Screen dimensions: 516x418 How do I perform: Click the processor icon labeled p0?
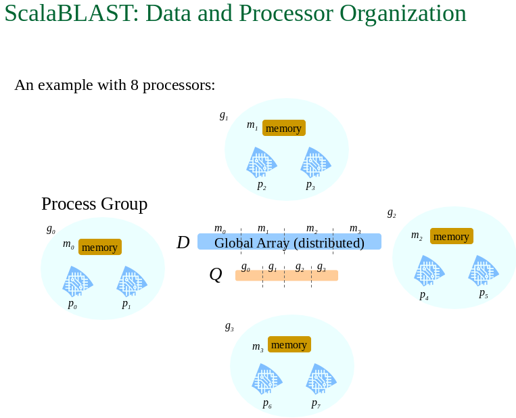pyautogui.click(x=78, y=281)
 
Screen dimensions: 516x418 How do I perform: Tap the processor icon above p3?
pyautogui.click(x=316, y=162)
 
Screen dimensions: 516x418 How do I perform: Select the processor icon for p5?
pyautogui.click(x=484, y=271)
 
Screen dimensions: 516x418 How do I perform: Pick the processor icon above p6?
pyautogui.click(x=267, y=379)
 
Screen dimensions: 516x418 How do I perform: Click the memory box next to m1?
pyautogui.click(x=284, y=128)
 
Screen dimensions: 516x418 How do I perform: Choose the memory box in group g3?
pyautogui.click(x=289, y=344)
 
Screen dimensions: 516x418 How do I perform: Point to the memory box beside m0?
pyautogui.click(x=100, y=247)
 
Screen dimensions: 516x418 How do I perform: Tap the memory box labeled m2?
pyautogui.click(x=452, y=236)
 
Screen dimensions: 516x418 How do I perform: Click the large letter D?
pyautogui.click(x=183, y=243)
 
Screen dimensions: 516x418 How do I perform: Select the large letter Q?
pyautogui.click(x=216, y=274)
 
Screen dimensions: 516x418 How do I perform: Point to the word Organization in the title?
pyautogui.click(x=403, y=14)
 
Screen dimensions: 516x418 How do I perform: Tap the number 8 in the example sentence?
pyautogui.click(x=135, y=85)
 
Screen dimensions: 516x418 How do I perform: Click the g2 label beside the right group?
pyautogui.click(x=392, y=214)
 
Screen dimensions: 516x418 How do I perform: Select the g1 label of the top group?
pyautogui.click(x=224, y=116)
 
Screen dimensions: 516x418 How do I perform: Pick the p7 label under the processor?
pyautogui.click(x=316, y=404)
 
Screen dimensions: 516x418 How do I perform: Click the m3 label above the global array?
pyautogui.click(x=355, y=228)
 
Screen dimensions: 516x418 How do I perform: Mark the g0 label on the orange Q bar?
pyautogui.click(x=245, y=267)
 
